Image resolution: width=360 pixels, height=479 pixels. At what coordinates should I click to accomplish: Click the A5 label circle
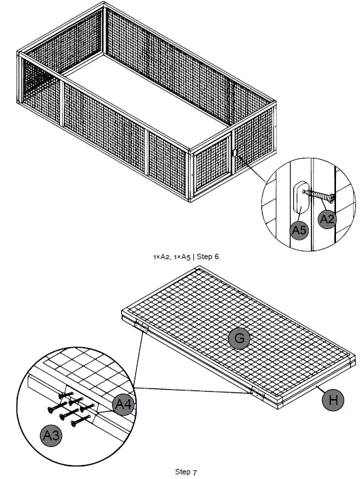pos(299,230)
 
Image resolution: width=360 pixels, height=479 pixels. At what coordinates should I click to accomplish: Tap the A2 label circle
pos(327,219)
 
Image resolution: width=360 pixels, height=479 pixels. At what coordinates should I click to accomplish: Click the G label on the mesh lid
pos(238,338)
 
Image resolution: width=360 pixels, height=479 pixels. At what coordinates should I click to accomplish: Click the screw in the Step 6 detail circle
pos(318,196)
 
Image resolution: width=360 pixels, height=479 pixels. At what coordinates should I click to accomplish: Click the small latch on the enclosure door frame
pos(235,153)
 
